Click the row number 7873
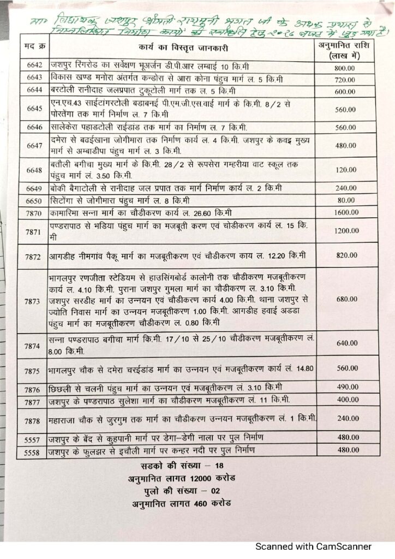pyautogui.click(x=33, y=301)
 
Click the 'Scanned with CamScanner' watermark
pyautogui.click(x=314, y=546)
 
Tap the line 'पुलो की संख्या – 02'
pyautogui.click(x=181, y=491)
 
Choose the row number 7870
pyautogui.click(x=33, y=212)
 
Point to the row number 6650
pyautogui.click(x=33, y=200)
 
